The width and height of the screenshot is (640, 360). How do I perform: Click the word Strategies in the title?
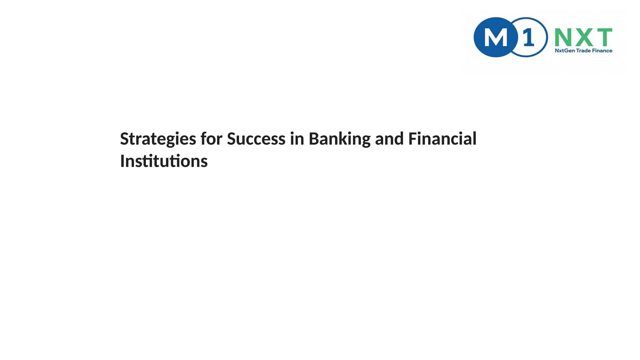pos(158,139)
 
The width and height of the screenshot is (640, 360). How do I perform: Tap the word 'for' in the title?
pos(211,139)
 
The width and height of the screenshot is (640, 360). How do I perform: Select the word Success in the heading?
pos(256,139)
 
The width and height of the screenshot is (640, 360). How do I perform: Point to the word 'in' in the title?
pos(297,139)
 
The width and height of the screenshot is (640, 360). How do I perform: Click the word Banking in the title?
pos(339,139)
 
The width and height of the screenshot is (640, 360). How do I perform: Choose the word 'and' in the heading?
pos(389,139)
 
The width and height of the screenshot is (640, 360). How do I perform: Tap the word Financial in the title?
pos(442,139)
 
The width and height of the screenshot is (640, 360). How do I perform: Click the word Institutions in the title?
pos(164,161)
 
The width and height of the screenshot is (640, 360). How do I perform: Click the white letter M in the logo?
pos(496,38)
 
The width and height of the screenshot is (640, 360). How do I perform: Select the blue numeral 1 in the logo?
pos(528,37)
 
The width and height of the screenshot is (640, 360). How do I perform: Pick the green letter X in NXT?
pos(583,37)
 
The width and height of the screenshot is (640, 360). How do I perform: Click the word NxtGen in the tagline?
pos(565,51)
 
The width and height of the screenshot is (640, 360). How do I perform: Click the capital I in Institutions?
pos(122,161)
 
